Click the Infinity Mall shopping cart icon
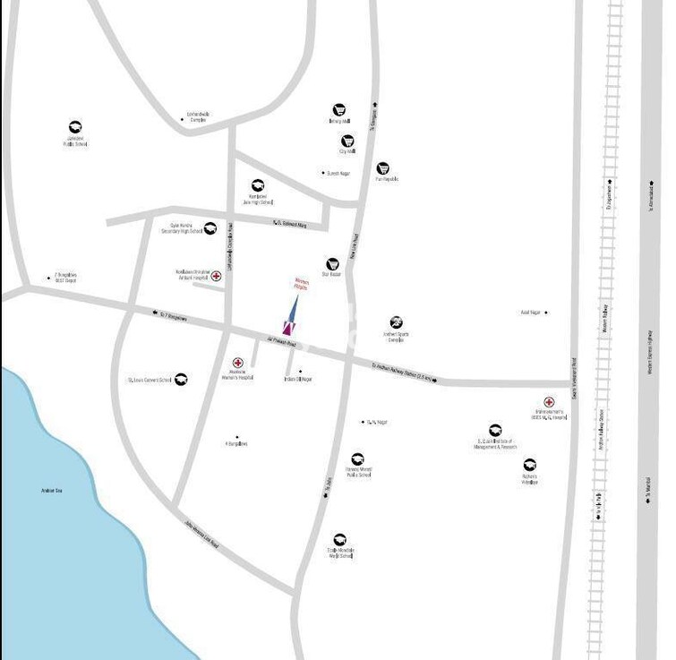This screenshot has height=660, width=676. tap(339, 110)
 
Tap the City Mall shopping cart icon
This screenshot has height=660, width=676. tap(347, 141)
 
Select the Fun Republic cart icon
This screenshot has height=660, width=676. tap(383, 168)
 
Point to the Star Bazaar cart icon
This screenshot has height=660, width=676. tap(332, 264)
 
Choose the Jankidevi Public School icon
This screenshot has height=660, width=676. tap(75, 127)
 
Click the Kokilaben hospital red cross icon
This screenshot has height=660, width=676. tap(216, 276)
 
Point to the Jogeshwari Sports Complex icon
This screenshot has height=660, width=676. tap(396, 322)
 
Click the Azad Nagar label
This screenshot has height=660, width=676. tap(532, 313)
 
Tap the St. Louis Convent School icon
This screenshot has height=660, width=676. tap(181, 379)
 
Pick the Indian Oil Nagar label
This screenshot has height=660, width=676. tap(297, 379)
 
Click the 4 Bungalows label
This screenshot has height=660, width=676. tap(236, 443)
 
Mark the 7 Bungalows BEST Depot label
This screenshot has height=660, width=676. tap(65, 278)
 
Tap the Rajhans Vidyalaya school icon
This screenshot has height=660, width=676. tap(530, 465)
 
